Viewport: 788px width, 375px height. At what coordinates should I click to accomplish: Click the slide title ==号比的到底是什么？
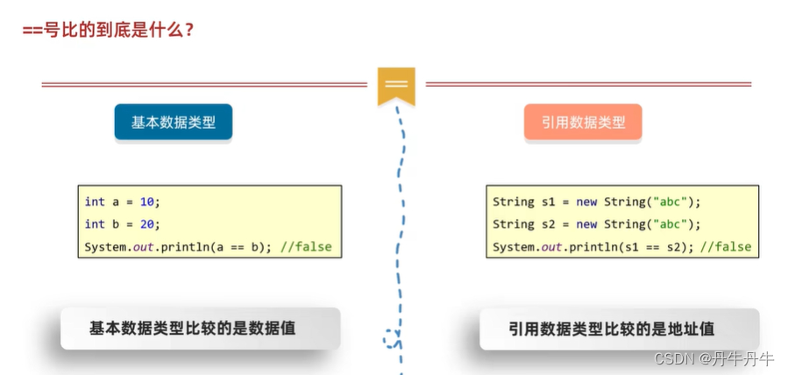pos(108,28)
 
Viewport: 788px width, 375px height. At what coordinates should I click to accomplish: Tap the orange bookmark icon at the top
pos(396,85)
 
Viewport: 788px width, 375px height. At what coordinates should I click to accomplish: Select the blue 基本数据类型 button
pos(173,123)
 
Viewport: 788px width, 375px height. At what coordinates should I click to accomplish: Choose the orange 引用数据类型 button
pos(583,123)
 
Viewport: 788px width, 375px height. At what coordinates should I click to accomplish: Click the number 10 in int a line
pos(146,202)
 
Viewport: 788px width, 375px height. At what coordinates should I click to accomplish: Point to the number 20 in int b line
pos(146,224)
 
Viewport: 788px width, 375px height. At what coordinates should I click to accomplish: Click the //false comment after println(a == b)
pos(306,247)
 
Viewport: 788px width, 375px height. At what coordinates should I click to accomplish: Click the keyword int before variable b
pos(95,224)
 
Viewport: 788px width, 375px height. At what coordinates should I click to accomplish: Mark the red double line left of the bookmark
pos(203,85)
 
